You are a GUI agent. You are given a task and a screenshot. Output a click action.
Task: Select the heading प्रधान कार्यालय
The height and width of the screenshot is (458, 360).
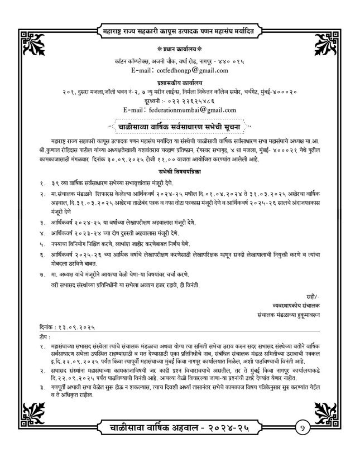tap(180, 49)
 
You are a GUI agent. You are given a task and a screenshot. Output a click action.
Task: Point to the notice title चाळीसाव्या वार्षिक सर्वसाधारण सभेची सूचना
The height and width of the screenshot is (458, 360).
tap(180, 126)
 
